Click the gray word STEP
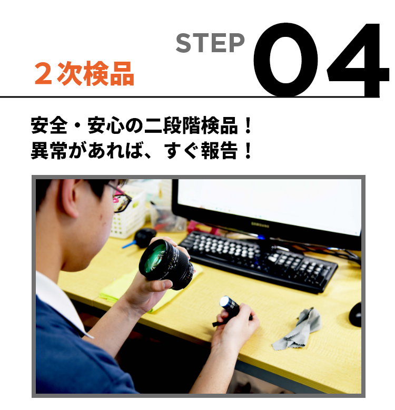pyautogui.click(x=210, y=43)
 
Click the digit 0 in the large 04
pyautogui.click(x=286, y=60)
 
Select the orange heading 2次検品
pyautogui.click(x=84, y=74)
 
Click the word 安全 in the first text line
pyautogui.click(x=50, y=125)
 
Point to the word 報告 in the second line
pyautogui.click(x=220, y=151)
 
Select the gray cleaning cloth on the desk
pyautogui.click(x=298, y=330)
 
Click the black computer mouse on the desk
pyautogui.click(x=355, y=314)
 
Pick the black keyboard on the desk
pyautogui.click(x=259, y=260)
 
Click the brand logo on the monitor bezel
pyautogui.click(x=260, y=224)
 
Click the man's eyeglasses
pyautogui.click(x=121, y=199)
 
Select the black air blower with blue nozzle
pyautogui.click(x=141, y=238)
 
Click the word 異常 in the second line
pyautogui.click(x=50, y=151)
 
